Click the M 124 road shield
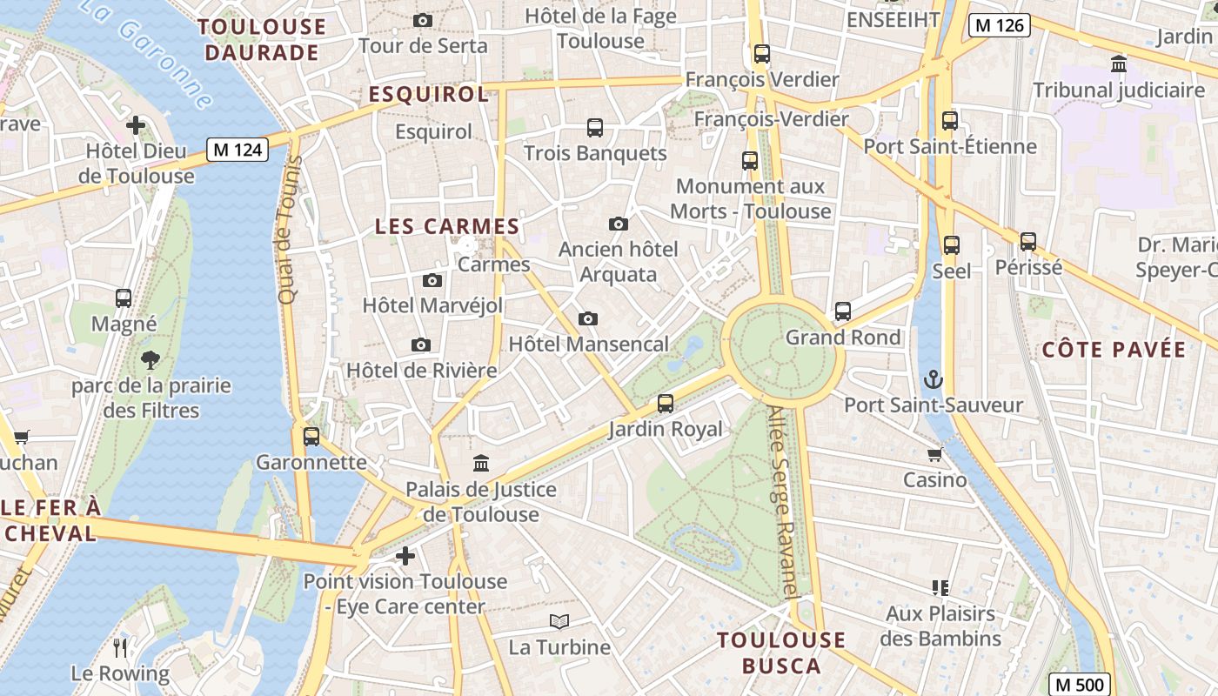[x=238, y=150]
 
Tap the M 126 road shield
[x=1000, y=25]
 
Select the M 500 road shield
[x=1079, y=684]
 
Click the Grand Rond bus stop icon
[x=842, y=311]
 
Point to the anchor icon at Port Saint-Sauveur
[x=933, y=379]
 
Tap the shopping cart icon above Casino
[x=935, y=454]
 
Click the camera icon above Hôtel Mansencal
[x=588, y=318]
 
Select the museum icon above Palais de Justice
[x=480, y=463]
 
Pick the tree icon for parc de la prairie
[x=151, y=358]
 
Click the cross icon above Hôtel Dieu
[x=136, y=125]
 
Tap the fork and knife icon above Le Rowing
[x=120, y=647]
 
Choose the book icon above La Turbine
[x=559, y=621]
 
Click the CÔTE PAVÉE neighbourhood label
[x=1114, y=350]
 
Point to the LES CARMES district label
[x=447, y=226]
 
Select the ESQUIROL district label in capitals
[x=429, y=94]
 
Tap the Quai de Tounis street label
[x=289, y=230]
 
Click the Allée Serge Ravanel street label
[x=783, y=503]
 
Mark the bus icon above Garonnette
[x=311, y=436]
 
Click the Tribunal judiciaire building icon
[x=1119, y=64]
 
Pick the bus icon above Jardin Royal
[x=666, y=403]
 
